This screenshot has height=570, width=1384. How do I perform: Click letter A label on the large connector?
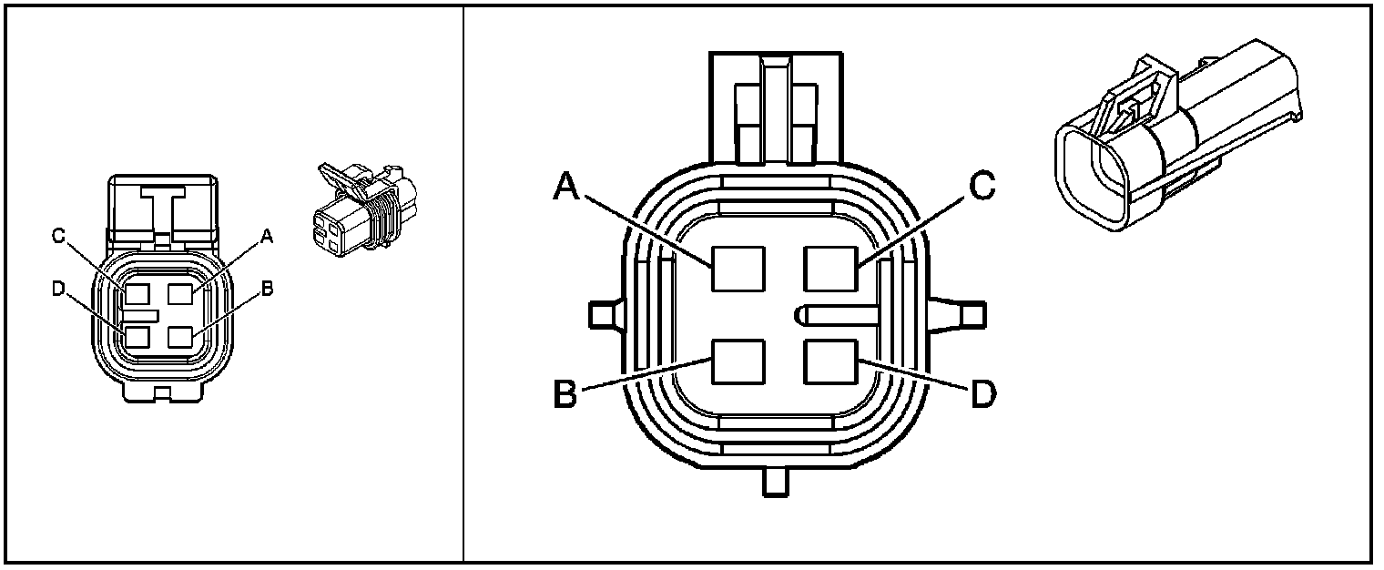(x=566, y=187)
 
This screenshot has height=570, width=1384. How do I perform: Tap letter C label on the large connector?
(x=982, y=186)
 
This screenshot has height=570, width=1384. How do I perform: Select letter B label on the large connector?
(x=566, y=397)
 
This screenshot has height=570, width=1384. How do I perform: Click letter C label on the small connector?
(x=58, y=236)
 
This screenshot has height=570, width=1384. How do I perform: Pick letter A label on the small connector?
(x=267, y=236)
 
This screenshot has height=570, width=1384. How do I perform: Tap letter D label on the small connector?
(x=58, y=289)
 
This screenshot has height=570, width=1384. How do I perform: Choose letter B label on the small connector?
(x=267, y=289)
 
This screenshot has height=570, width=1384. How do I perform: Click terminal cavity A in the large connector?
(x=738, y=269)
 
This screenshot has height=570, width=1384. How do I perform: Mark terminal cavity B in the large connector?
(x=738, y=361)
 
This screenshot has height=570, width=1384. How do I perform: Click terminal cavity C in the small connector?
(x=138, y=294)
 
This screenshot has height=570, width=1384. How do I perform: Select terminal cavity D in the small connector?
(x=138, y=336)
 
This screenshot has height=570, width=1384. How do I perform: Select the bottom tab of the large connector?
(x=774, y=482)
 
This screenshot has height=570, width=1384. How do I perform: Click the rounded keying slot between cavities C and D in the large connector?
(x=836, y=315)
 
